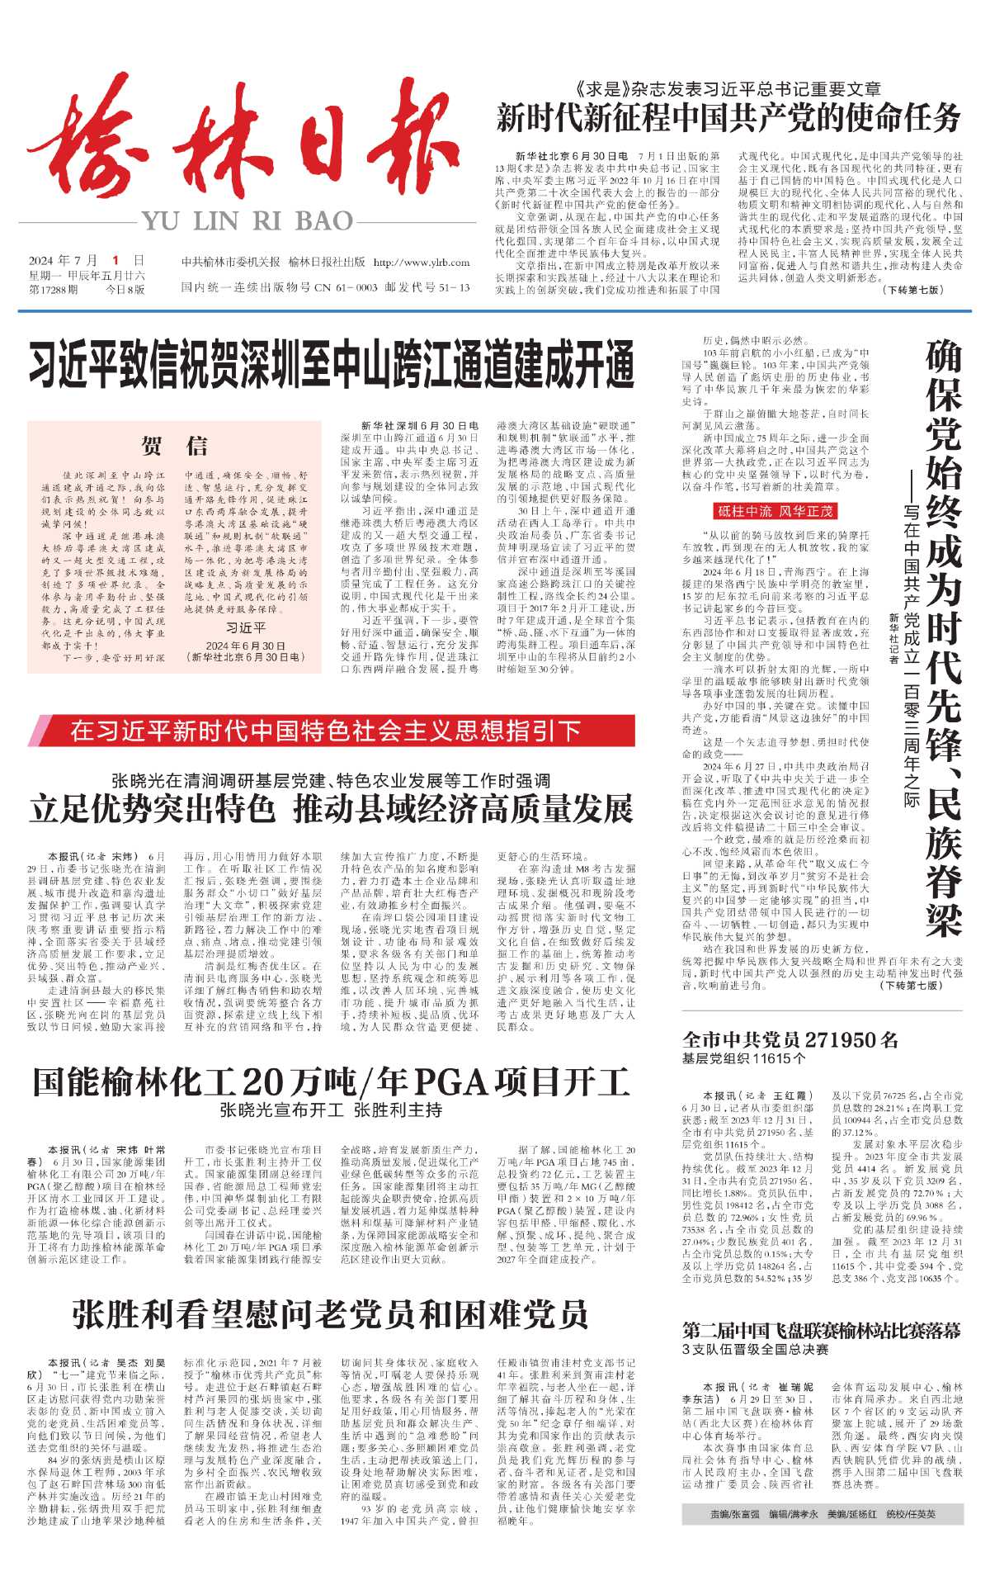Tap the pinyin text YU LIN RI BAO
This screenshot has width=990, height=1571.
point(247,220)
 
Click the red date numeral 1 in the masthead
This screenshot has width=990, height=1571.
point(116,260)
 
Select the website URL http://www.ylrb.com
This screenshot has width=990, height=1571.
point(422,263)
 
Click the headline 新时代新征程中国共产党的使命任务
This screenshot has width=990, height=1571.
point(728,118)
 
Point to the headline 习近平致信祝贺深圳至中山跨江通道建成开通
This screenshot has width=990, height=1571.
point(332,366)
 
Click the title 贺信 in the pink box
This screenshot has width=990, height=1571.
point(174,446)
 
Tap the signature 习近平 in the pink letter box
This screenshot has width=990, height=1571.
point(246,627)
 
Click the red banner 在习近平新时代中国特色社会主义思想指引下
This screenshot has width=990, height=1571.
point(326,731)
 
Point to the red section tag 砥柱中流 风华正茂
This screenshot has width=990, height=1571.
point(762,511)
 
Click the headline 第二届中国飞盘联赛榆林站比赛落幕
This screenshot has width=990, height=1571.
point(822,1331)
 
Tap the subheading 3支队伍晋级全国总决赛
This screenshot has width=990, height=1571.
point(755,1350)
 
